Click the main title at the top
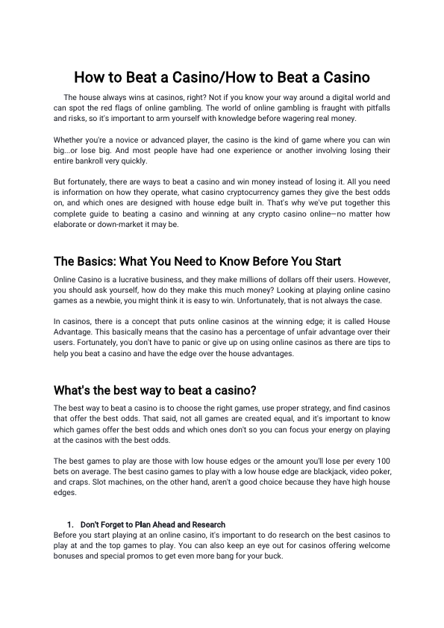tap(222, 77)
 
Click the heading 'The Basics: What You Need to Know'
tap(197, 261)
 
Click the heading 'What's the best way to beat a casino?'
tap(155, 391)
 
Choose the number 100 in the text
tap(381, 461)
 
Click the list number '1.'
tap(71, 524)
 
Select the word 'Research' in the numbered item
tap(210, 524)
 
